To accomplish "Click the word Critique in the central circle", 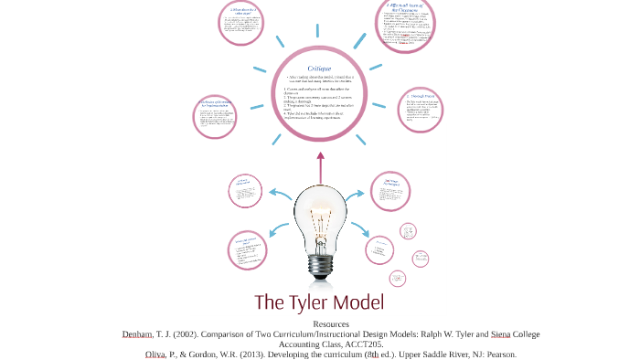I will pos(320,68).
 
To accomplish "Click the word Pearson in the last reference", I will pos(498,355).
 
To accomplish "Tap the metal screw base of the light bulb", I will pos(320,264).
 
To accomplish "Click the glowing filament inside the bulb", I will pos(320,219).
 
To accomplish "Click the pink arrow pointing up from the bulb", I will pos(320,164).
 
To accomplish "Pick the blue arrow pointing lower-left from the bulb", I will pos(275,239).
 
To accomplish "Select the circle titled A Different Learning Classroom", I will pos(410,27).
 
